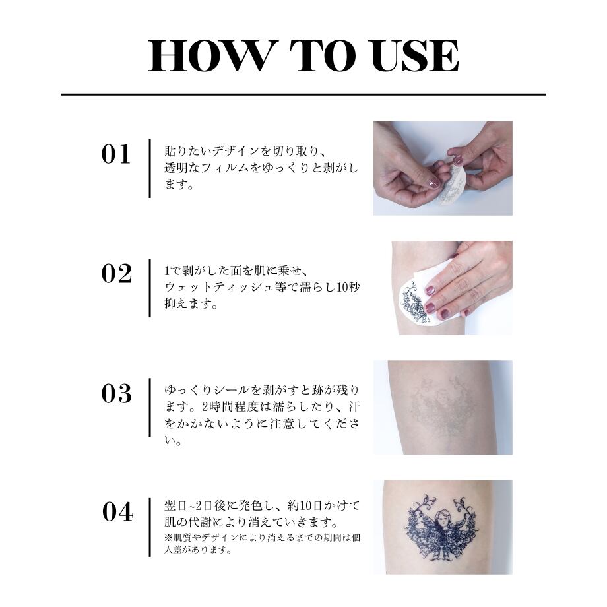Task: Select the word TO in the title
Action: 323,56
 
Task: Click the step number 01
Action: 115,154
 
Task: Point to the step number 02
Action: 117,274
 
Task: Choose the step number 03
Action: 117,394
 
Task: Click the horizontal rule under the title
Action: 303,94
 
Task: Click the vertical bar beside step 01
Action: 150,168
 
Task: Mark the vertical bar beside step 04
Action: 150,527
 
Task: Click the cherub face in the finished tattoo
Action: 442,519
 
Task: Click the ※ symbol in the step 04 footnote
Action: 168,538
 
